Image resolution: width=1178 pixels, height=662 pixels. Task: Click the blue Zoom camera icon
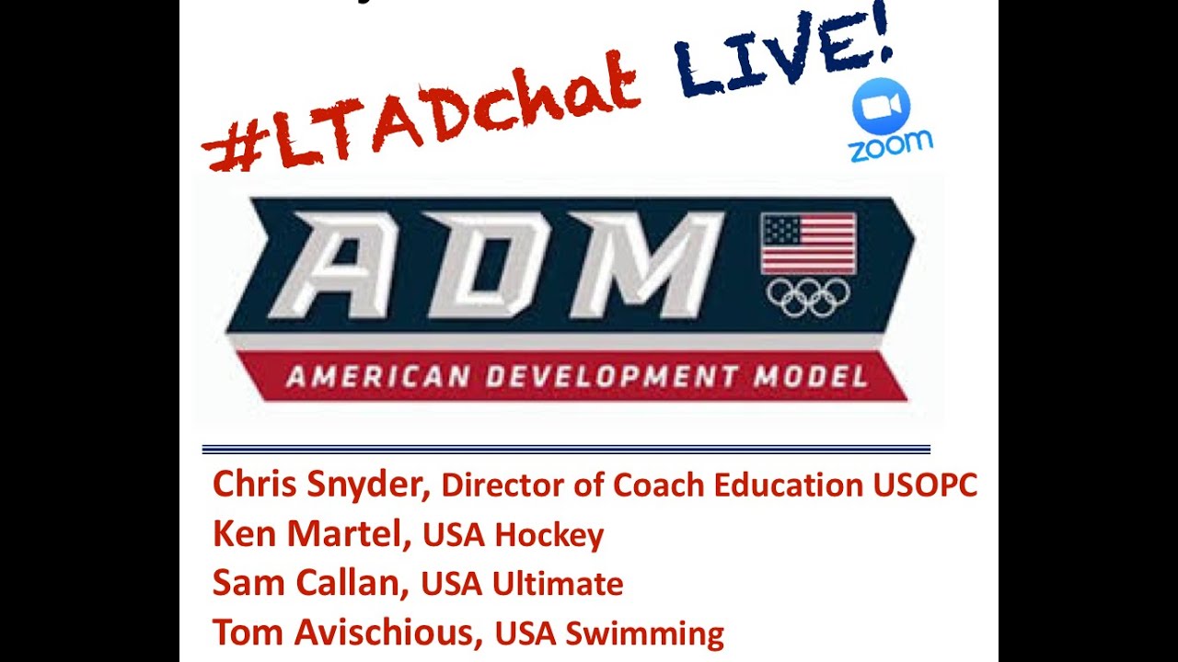coord(881,107)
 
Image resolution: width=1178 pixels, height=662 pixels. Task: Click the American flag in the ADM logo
coord(808,244)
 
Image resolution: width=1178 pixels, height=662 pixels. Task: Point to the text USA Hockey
coord(513,535)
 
